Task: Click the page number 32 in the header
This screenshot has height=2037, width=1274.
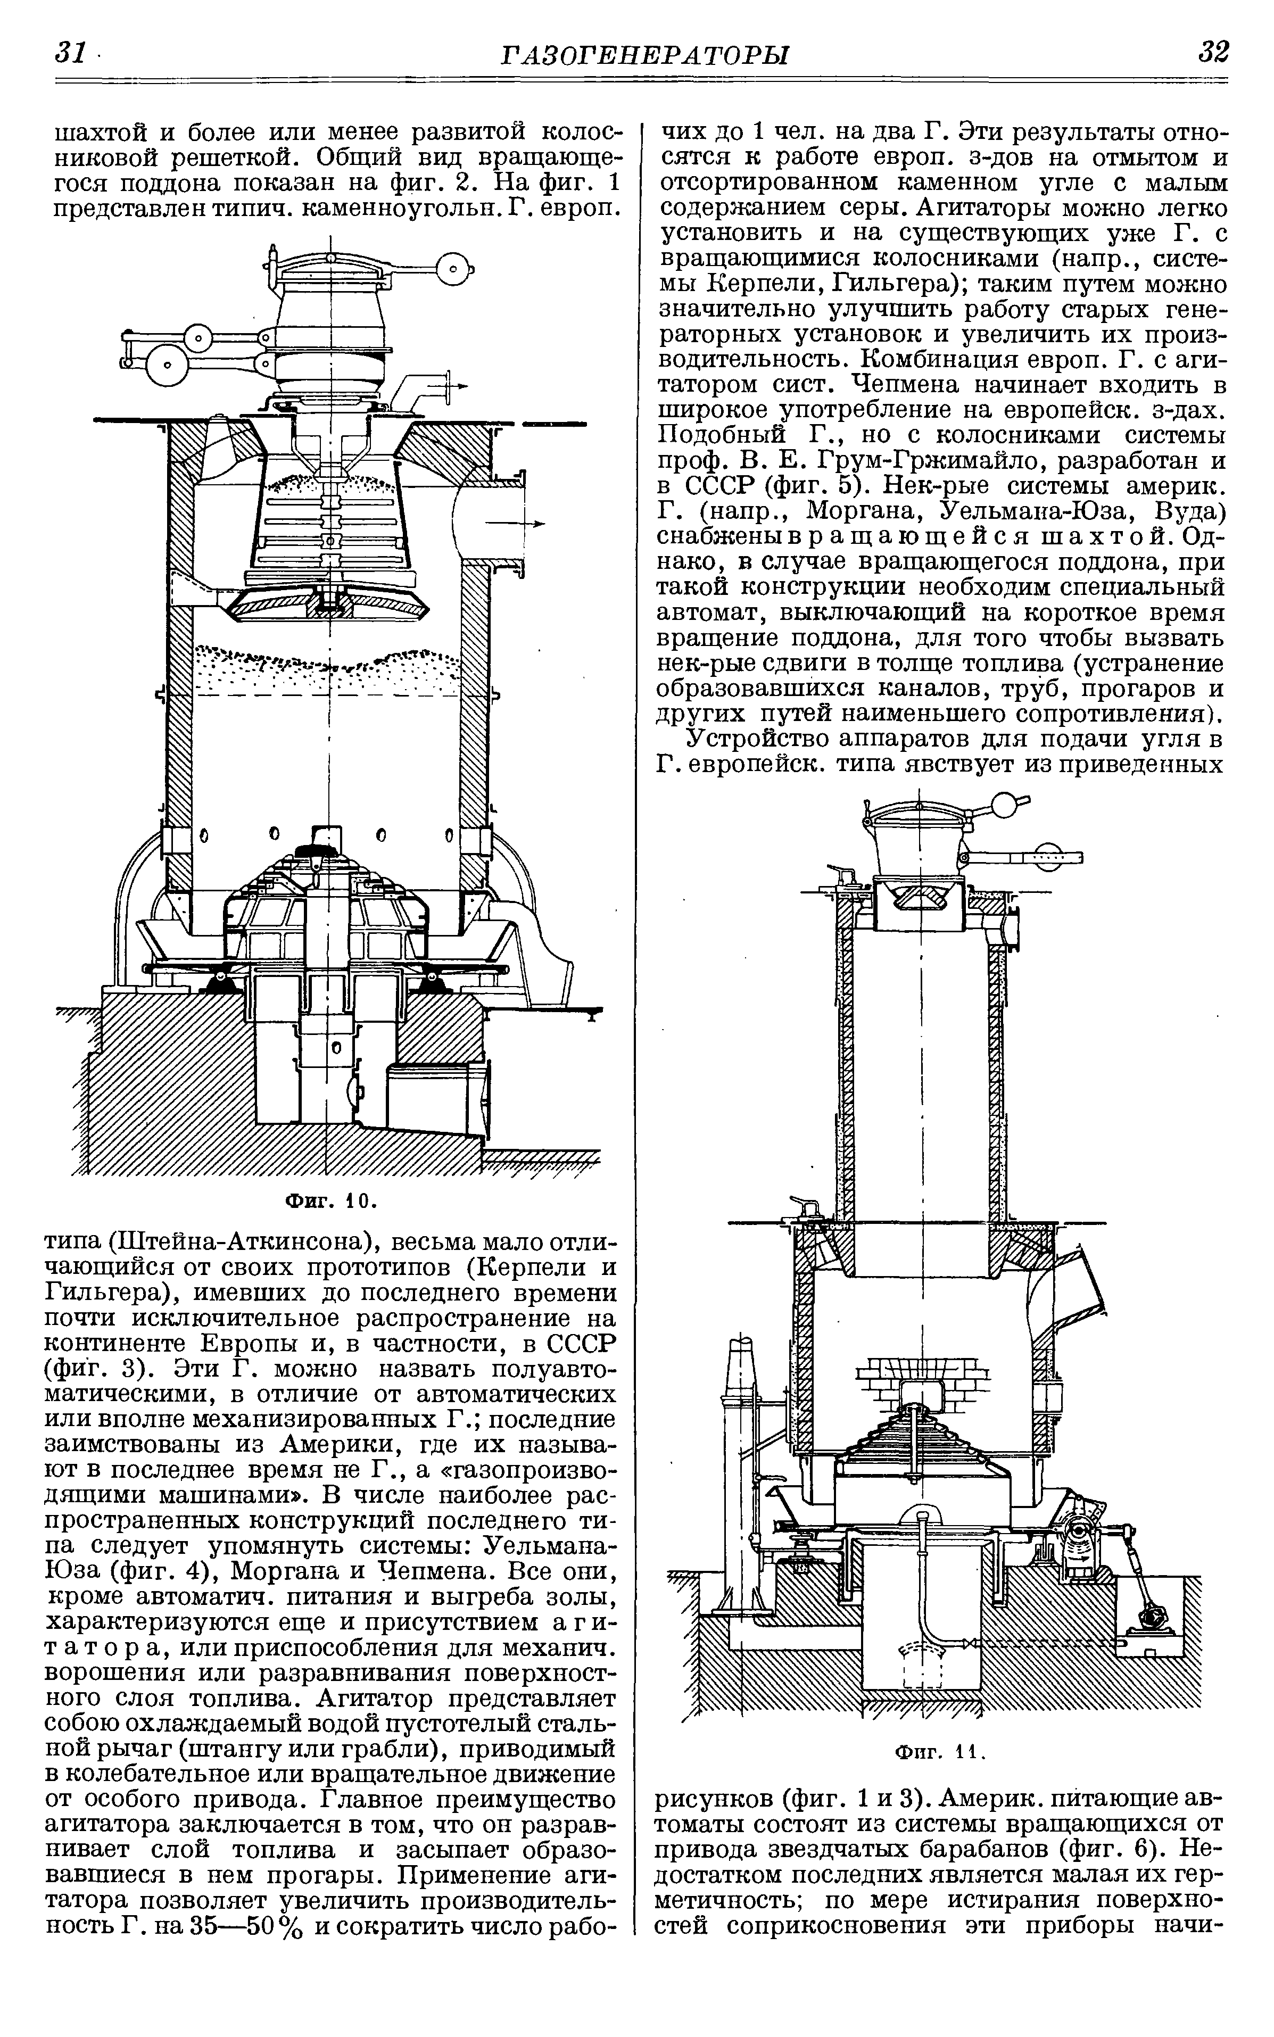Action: [x=1213, y=52]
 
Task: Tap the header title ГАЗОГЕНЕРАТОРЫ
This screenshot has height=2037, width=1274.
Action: [x=644, y=55]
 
